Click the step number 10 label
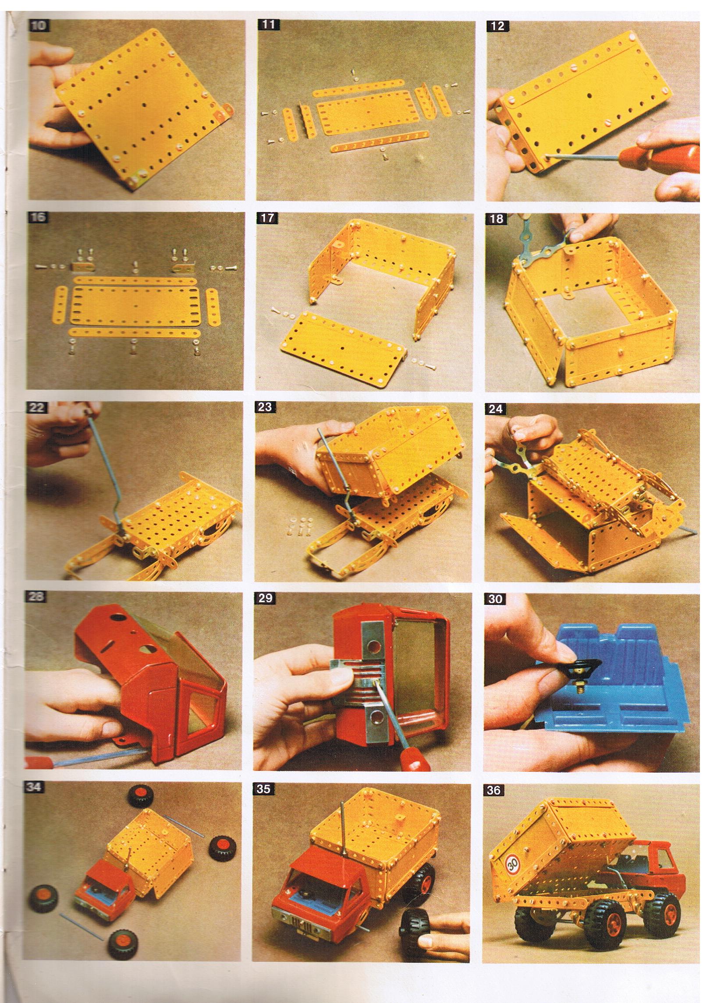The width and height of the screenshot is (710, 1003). (39, 25)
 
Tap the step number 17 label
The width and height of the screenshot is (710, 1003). (267, 218)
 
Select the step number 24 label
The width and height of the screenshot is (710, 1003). (496, 410)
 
